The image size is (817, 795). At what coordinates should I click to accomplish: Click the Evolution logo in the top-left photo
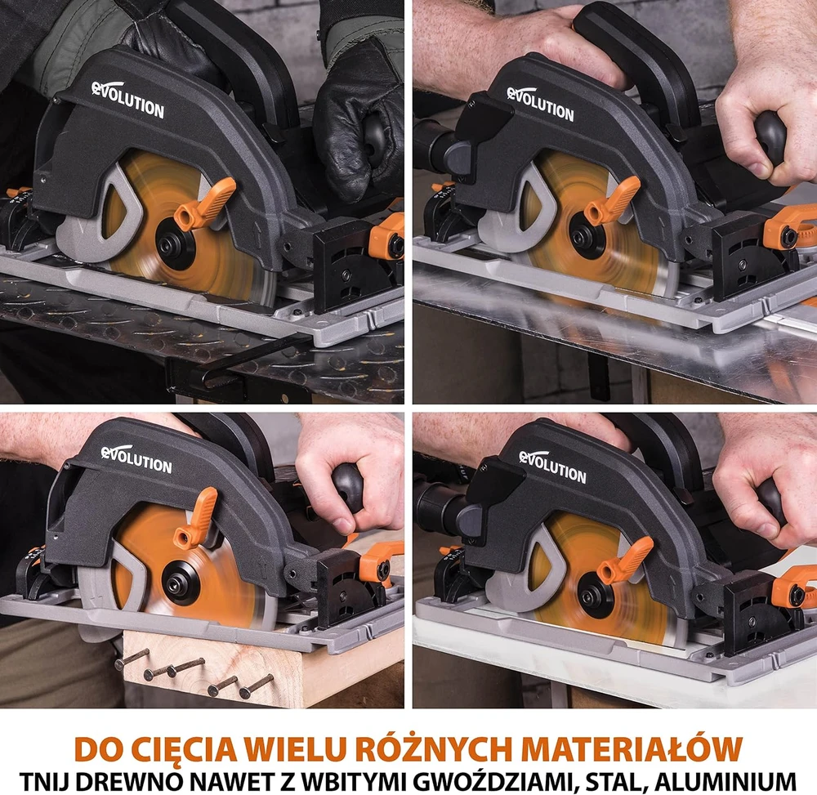[127, 100]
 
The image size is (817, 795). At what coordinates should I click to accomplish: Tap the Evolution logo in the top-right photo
[540, 105]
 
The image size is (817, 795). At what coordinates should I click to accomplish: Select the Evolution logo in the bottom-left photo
[136, 459]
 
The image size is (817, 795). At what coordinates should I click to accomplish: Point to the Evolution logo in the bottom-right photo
[552, 467]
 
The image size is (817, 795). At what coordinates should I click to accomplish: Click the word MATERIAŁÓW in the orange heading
[632, 748]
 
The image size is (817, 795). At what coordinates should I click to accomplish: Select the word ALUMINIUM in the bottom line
[725, 782]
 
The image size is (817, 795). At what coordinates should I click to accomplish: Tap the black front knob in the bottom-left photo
[347, 487]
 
